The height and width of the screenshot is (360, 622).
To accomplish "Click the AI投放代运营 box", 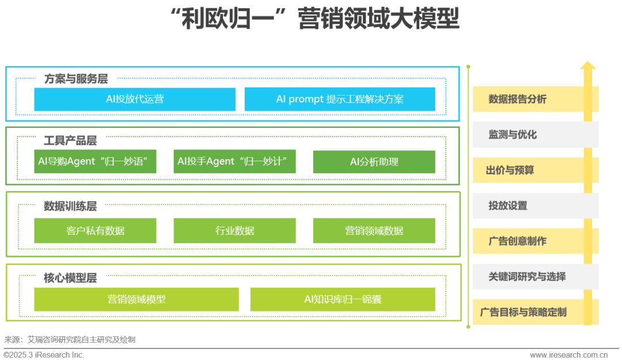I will click(135, 99).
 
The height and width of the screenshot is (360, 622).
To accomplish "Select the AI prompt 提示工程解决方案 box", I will click(340, 99).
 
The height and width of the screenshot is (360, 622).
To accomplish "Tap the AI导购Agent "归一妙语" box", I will click(96, 162).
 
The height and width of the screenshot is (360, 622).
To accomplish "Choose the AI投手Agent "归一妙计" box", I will click(234, 162).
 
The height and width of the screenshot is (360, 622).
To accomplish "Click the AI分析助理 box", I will click(374, 162).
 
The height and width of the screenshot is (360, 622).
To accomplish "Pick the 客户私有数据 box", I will click(96, 231).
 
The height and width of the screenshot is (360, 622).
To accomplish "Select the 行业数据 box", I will click(234, 231).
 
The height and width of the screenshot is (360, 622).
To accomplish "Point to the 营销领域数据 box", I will click(374, 231).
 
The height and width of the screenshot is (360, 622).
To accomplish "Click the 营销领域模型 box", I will click(136, 300).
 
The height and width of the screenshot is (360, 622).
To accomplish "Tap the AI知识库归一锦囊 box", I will click(343, 300).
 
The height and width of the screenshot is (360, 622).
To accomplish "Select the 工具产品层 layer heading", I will click(70, 141).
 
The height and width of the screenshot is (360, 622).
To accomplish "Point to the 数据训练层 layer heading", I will click(70, 206).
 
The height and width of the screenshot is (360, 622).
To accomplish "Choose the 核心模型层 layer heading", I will click(70, 278).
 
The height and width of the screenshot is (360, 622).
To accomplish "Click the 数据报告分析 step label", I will click(517, 99).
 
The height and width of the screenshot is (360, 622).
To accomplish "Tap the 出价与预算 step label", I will click(510, 170).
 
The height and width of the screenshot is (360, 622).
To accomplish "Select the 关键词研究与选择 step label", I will click(527, 276).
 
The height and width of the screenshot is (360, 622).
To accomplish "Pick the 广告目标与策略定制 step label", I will click(523, 312).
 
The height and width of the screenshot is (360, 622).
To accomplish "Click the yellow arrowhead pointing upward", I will click(587, 66).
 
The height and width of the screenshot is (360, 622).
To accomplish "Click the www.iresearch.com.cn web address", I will click(573, 355).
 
